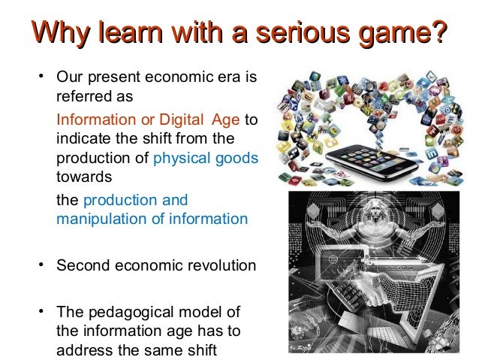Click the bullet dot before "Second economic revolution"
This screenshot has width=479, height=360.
click(x=43, y=266)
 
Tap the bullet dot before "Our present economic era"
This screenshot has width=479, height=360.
click(x=43, y=78)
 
